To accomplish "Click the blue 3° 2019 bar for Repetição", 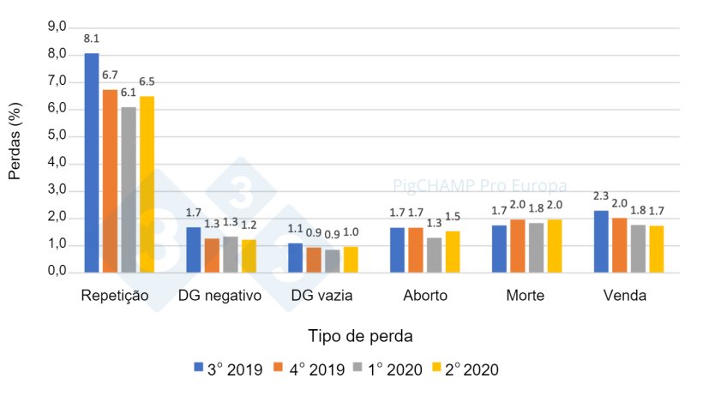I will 92,163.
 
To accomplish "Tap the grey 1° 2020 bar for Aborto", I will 435,255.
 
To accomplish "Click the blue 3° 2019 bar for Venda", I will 602,242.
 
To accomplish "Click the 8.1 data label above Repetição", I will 91,39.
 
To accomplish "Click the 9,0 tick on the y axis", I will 56,27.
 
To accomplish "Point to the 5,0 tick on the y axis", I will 56,135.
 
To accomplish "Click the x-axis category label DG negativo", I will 213,296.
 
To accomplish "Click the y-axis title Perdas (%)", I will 15,149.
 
